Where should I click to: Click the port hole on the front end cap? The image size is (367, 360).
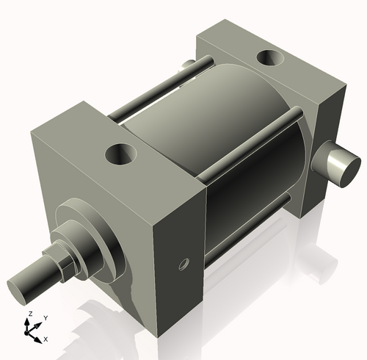tap(120, 154)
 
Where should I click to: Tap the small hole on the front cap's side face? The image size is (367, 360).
tap(183, 263)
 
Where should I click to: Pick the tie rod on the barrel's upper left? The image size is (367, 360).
tap(150, 92)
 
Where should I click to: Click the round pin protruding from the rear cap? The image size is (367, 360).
tap(338, 165)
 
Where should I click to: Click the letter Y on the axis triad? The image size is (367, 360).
tap(46, 317)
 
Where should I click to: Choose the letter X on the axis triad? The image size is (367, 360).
tap(46, 339)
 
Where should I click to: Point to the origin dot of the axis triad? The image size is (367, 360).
tap(32, 331)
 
